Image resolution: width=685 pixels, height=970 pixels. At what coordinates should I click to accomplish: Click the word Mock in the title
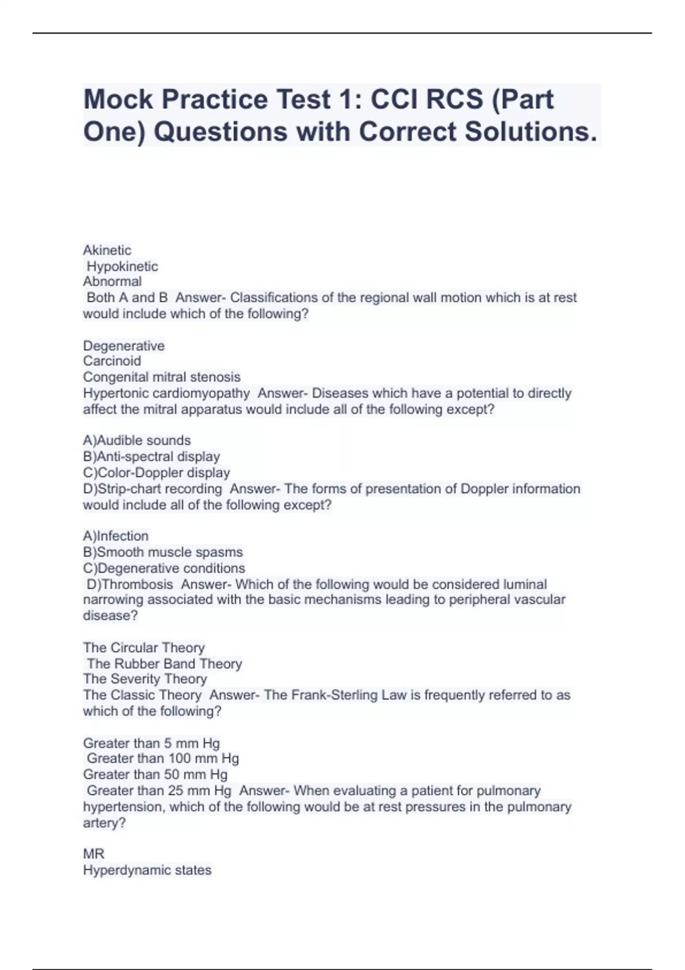pos(118,99)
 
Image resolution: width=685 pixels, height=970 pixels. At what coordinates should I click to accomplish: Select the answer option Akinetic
pos(107,250)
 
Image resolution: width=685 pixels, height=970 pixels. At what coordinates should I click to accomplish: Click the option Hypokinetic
pos(122,266)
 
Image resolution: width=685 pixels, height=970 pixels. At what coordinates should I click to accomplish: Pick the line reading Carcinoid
pos(112,361)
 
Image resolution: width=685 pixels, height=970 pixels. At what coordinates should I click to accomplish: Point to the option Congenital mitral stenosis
pos(162,377)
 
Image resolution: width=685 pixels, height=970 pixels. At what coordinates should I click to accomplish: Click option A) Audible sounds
pos(136,440)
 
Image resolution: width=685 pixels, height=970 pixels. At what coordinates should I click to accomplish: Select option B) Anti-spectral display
pos(151,456)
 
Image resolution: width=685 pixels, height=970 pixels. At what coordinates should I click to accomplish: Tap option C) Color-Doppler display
pos(156,472)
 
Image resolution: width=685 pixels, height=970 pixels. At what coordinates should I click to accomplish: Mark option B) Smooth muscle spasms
pos(163,552)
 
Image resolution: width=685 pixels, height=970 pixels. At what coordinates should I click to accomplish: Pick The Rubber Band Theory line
pos(164,664)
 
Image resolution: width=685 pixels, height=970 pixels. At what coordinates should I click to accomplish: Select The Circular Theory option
pos(144,648)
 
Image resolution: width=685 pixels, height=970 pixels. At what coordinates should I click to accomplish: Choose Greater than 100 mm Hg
pos(163,758)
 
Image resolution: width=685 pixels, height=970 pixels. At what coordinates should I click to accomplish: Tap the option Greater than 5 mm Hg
pos(151,743)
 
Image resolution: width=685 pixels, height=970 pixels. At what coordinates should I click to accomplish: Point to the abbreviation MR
pos(94,854)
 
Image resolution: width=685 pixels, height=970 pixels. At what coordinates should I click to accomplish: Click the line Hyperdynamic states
pos(147,870)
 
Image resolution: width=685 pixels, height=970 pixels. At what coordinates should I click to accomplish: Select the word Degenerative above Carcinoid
pos(124,346)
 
